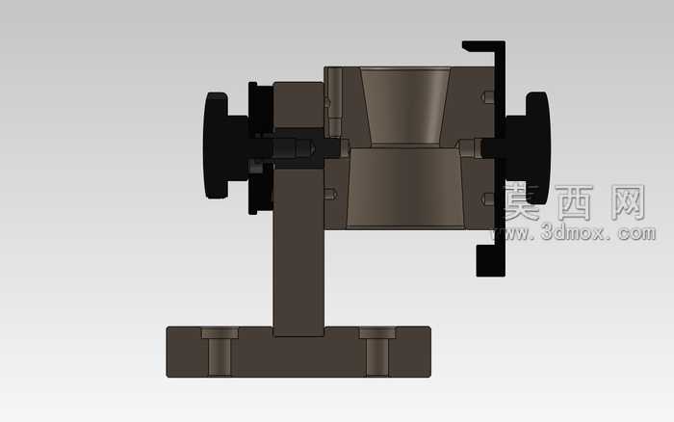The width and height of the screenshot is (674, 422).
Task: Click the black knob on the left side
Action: click(217, 145)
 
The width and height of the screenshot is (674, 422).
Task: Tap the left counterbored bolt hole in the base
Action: click(220, 351)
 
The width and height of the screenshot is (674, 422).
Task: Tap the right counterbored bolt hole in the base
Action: click(377, 351)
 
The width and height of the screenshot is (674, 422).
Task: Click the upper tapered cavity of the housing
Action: click(405, 105)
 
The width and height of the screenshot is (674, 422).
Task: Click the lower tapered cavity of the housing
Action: click(405, 188)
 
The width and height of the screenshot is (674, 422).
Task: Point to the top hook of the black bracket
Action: click(480, 46)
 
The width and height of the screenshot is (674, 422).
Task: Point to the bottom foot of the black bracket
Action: click(489, 260)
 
